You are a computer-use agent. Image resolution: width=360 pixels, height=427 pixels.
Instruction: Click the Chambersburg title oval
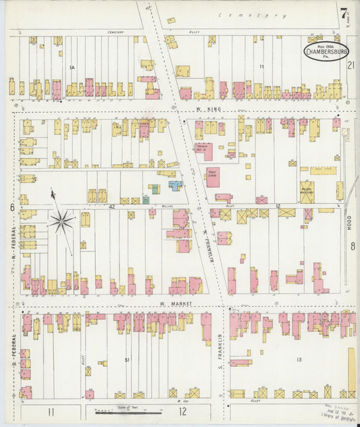click(327, 52)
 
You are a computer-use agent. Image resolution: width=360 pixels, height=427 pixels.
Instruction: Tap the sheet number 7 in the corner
click(345, 11)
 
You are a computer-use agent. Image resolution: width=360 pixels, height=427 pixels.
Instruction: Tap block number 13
click(298, 360)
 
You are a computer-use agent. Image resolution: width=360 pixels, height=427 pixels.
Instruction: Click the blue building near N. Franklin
click(176, 185)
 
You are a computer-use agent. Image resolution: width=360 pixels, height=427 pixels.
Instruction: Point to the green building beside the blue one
click(155, 189)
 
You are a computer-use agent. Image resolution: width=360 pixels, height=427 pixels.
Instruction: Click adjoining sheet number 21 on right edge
click(351, 66)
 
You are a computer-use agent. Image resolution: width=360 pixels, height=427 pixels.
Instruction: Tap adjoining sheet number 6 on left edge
click(11, 208)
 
